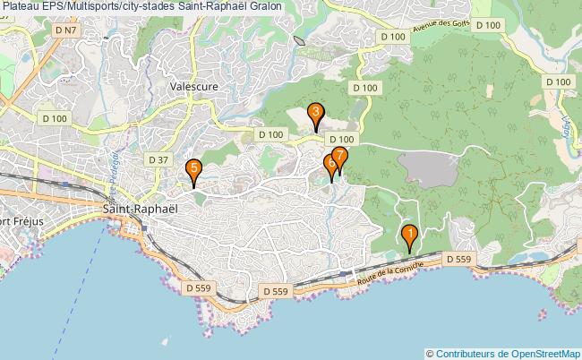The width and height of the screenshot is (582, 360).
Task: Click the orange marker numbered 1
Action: pos(410,237)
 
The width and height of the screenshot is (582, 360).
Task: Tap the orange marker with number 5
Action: pos(193,168)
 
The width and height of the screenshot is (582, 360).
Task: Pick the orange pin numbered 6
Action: pos(331,165)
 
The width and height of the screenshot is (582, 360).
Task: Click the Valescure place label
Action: pos(194,87)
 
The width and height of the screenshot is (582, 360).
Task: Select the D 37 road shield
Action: pos(158,159)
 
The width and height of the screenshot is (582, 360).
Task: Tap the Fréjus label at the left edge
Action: pos(18,221)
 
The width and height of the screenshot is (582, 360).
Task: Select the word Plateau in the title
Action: pos(22,6)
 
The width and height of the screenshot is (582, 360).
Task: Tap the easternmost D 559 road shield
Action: pos(458,259)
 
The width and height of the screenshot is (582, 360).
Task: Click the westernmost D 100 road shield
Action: pos(54,117)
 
